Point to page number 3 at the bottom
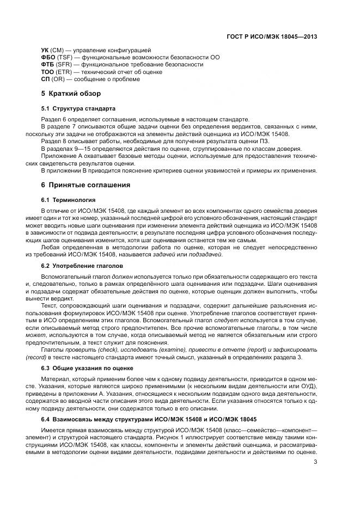click(x=316, y=463)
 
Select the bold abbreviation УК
click(x=46, y=50)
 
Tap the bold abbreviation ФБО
click(x=48, y=57)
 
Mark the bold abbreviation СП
click(x=46, y=79)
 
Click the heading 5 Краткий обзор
click(x=71, y=94)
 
